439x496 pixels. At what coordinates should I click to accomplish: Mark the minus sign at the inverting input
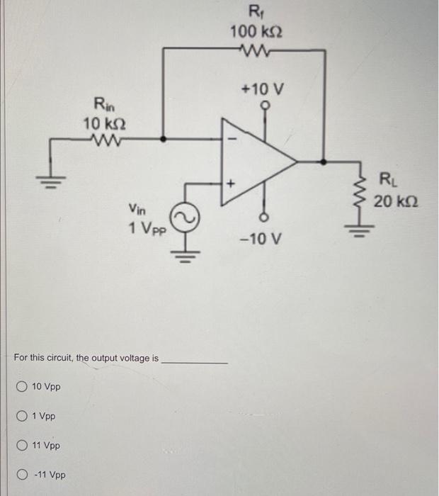tap(229, 140)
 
